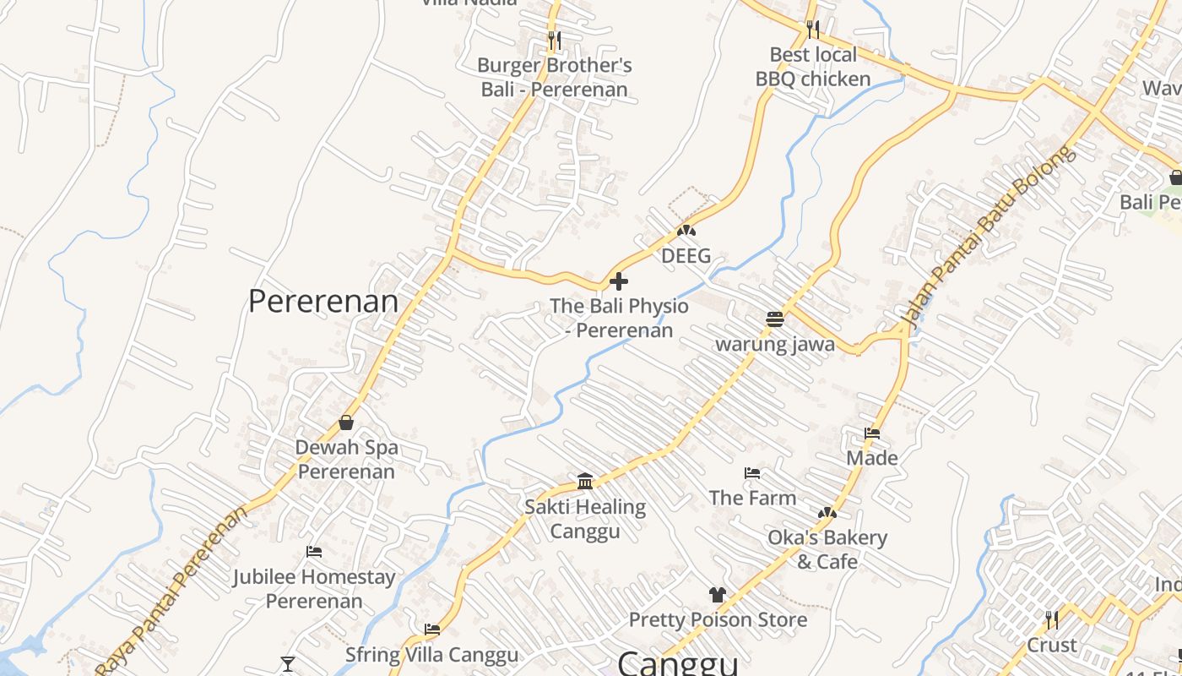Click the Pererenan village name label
click(323, 302)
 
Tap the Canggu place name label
click(678, 662)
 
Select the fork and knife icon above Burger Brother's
click(554, 40)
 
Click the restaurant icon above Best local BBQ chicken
click(812, 30)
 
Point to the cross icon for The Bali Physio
click(619, 281)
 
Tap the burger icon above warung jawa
click(775, 319)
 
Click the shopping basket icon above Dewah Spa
click(346, 422)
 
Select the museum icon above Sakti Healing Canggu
click(585, 482)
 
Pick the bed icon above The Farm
click(752, 473)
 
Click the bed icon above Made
click(872, 433)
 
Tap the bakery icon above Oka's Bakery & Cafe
click(827, 513)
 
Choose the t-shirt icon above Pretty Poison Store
click(718, 595)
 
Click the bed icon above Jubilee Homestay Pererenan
click(314, 552)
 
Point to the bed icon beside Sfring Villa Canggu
click(432, 630)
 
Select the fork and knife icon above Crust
click(1051, 620)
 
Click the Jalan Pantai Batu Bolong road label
click(989, 237)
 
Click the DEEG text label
click(686, 256)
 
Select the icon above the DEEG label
click(686, 230)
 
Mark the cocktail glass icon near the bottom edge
click(288, 664)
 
